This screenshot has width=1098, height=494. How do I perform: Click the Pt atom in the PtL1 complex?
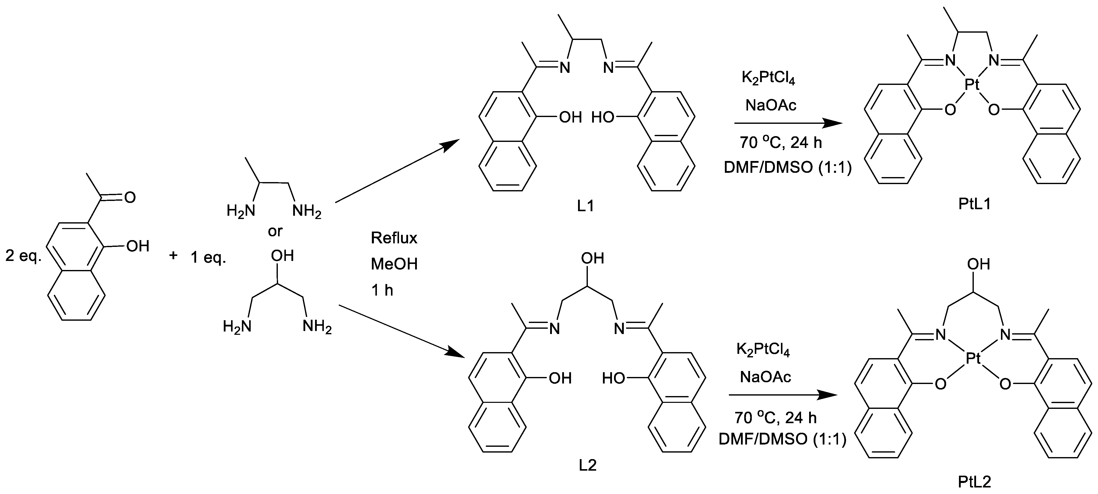[972, 85]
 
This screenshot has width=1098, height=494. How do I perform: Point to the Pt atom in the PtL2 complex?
[973, 359]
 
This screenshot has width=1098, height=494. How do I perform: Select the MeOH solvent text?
[394, 264]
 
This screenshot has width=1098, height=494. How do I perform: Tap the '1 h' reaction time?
[382, 290]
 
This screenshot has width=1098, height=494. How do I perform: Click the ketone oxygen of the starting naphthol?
[129, 197]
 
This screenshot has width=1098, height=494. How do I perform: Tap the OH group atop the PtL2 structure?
[978, 264]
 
